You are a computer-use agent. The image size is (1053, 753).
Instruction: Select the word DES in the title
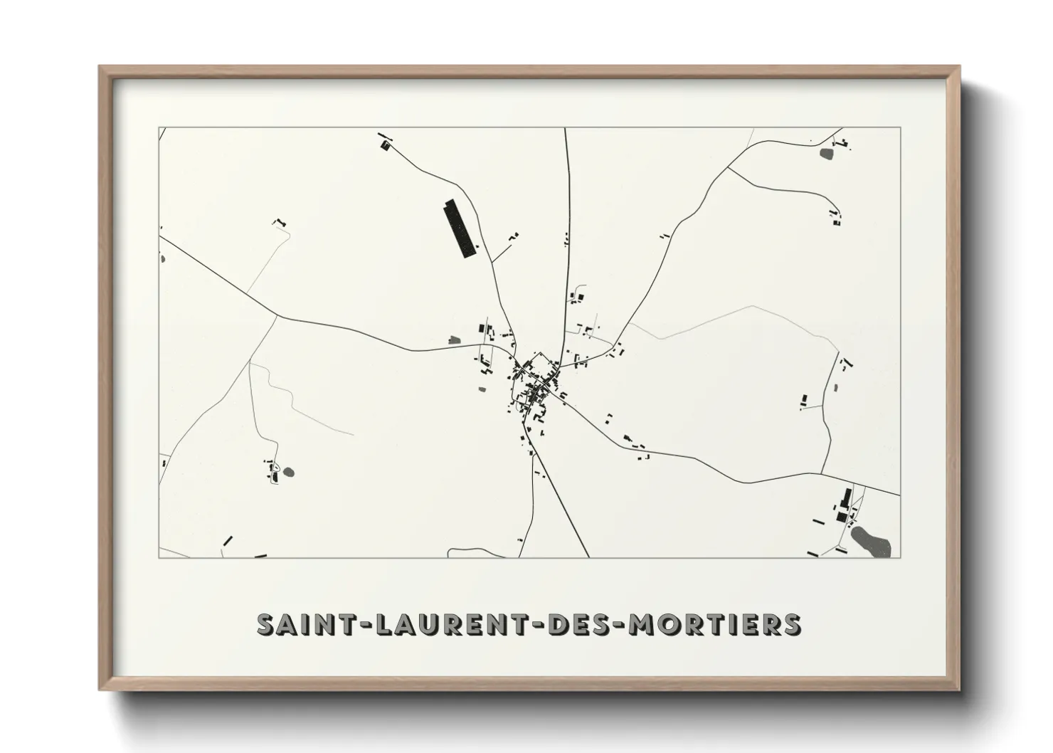(574, 624)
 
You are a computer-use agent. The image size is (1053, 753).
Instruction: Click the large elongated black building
(460, 228)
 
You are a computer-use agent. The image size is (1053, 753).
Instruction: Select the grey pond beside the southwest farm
(287, 471)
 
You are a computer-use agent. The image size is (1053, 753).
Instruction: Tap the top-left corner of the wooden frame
(101, 68)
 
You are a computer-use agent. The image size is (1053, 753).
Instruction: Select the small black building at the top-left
(386, 145)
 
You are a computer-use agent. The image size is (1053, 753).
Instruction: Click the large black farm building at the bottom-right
(846, 497)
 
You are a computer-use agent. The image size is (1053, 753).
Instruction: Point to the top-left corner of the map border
(159, 128)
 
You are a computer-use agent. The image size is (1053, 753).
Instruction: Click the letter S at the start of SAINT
(265, 624)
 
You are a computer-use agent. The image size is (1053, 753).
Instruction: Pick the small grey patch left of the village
(454, 340)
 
